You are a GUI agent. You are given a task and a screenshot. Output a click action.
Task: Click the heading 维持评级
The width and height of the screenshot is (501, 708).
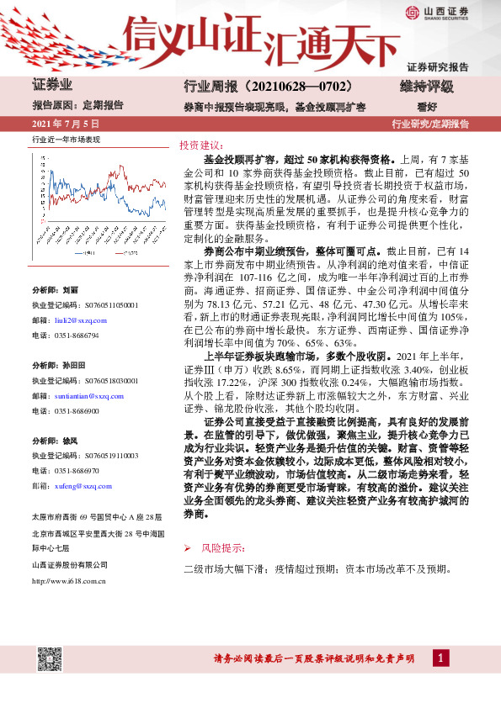tap(426, 87)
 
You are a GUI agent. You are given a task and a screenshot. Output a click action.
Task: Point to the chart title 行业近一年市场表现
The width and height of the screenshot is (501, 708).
tap(66, 140)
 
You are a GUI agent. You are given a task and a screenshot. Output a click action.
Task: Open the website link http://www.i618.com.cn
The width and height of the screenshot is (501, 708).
tap(68, 579)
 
